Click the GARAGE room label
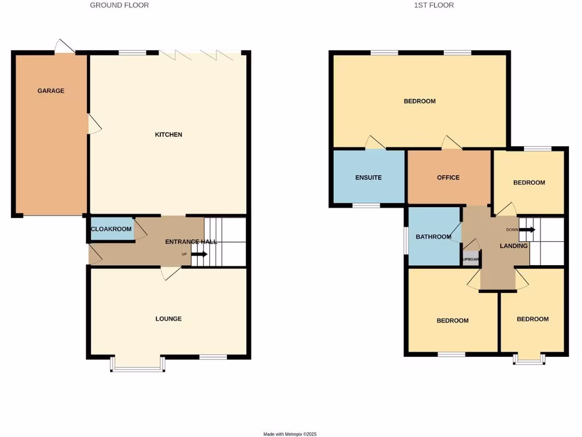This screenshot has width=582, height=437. [x=51, y=91]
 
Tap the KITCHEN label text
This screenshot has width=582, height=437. [x=169, y=135]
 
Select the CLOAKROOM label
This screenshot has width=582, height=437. [x=111, y=229]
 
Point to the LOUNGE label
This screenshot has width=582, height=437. [x=169, y=319]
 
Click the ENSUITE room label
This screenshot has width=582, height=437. [x=368, y=178]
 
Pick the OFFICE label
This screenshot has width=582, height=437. [x=448, y=178]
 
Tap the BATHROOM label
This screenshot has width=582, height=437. [x=433, y=237]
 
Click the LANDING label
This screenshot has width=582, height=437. [x=514, y=246]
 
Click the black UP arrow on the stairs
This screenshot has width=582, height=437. [x=199, y=254]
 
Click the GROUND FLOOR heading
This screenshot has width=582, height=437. [x=119, y=5]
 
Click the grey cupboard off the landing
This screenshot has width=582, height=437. [x=471, y=259]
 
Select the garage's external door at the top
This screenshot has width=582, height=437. [x=64, y=47]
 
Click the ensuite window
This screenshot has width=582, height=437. [x=367, y=205]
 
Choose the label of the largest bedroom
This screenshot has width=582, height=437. [x=419, y=101]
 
